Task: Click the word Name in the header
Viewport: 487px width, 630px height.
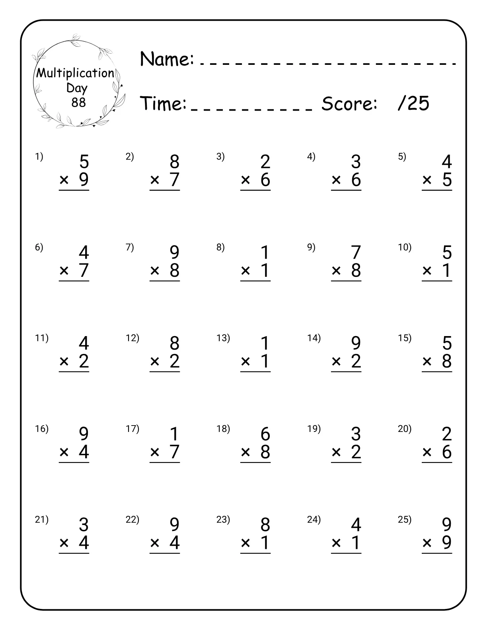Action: pyautogui.click(x=167, y=59)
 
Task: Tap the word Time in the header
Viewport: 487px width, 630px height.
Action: pyautogui.click(x=163, y=103)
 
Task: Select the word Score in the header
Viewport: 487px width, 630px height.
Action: pyautogui.click(x=349, y=104)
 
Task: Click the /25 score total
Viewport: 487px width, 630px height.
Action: pyautogui.click(x=413, y=103)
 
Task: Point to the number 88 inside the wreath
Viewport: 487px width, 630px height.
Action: pyautogui.click(x=78, y=103)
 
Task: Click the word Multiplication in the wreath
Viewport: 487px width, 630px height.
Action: pyautogui.click(x=75, y=73)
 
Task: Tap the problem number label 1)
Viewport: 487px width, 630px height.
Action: pyautogui.click(x=39, y=157)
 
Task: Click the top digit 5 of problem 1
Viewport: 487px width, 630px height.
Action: pyautogui.click(x=84, y=162)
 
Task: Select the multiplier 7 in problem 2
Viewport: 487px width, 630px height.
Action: pyautogui.click(x=174, y=180)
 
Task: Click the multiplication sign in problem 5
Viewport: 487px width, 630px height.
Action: pyautogui.click(x=427, y=181)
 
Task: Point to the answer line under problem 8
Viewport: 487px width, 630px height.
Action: pyautogui.click(x=255, y=281)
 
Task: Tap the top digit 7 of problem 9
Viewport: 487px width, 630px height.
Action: pyautogui.click(x=356, y=253)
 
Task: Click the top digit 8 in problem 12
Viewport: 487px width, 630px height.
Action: pyautogui.click(x=174, y=343)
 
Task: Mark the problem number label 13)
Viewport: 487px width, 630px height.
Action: pyautogui.click(x=223, y=338)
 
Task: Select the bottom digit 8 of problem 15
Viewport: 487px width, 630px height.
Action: pyautogui.click(x=446, y=361)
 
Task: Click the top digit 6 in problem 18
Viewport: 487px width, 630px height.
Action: pyautogui.click(x=265, y=434)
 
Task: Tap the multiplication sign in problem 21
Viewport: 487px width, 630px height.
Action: pyautogui.click(x=64, y=543)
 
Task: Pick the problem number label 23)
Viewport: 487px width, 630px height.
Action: pyautogui.click(x=223, y=519)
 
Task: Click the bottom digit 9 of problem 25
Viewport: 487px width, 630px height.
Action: pyautogui.click(x=446, y=542)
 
